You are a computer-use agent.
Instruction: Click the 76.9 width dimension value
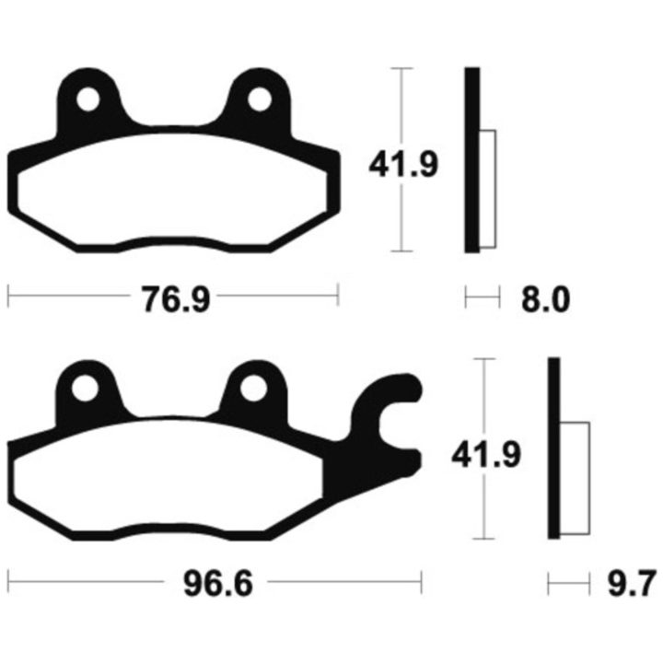pyautogui.click(x=176, y=299)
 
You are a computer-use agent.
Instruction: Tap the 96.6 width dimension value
pyautogui.click(x=218, y=584)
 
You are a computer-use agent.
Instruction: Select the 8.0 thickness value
pyautogui.click(x=545, y=299)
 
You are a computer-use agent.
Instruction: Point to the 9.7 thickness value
pyautogui.click(x=632, y=584)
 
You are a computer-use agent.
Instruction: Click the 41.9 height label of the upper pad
pyautogui.click(x=403, y=164)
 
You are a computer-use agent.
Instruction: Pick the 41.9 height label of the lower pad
pyautogui.click(x=486, y=455)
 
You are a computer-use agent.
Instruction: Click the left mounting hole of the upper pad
pyautogui.click(x=88, y=99)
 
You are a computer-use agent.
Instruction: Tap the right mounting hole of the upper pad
pyautogui.click(x=259, y=99)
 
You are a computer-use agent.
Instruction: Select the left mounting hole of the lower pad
pyautogui.click(x=85, y=389)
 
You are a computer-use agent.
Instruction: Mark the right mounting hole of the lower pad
pyautogui.click(x=254, y=389)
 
